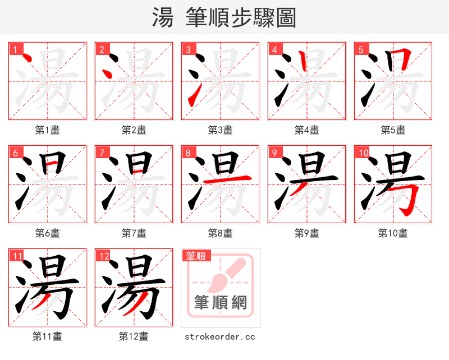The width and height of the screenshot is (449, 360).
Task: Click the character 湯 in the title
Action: [163, 18]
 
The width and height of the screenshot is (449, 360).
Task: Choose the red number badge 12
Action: [104, 256]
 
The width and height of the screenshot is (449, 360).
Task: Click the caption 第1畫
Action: [48, 130]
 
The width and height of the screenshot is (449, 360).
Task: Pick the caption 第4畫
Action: [307, 130]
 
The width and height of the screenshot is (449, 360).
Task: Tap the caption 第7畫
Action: [134, 233]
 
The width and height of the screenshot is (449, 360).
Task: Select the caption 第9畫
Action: [307, 233]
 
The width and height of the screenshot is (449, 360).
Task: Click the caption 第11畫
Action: [48, 337]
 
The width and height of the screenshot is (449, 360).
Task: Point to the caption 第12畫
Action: [134, 337]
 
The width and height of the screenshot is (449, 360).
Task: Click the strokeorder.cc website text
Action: [220, 337]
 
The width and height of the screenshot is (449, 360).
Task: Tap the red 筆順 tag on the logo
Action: [196, 256]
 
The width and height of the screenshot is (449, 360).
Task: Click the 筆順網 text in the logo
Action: [220, 303]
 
